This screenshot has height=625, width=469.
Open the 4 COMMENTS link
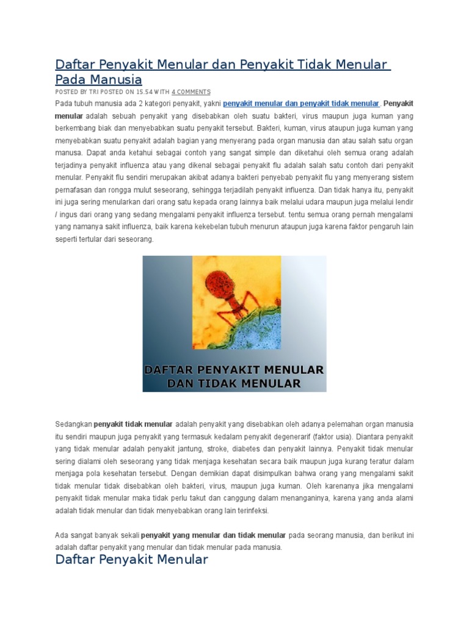point(191,91)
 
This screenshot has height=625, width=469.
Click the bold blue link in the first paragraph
point(301,103)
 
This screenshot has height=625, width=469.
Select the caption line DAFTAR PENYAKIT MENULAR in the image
point(234,370)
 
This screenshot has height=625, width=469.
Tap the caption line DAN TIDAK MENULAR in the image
point(234,383)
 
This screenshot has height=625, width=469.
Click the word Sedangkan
point(73,424)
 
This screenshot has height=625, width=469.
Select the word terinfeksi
point(249,510)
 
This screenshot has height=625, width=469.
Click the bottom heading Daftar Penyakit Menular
point(132,560)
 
